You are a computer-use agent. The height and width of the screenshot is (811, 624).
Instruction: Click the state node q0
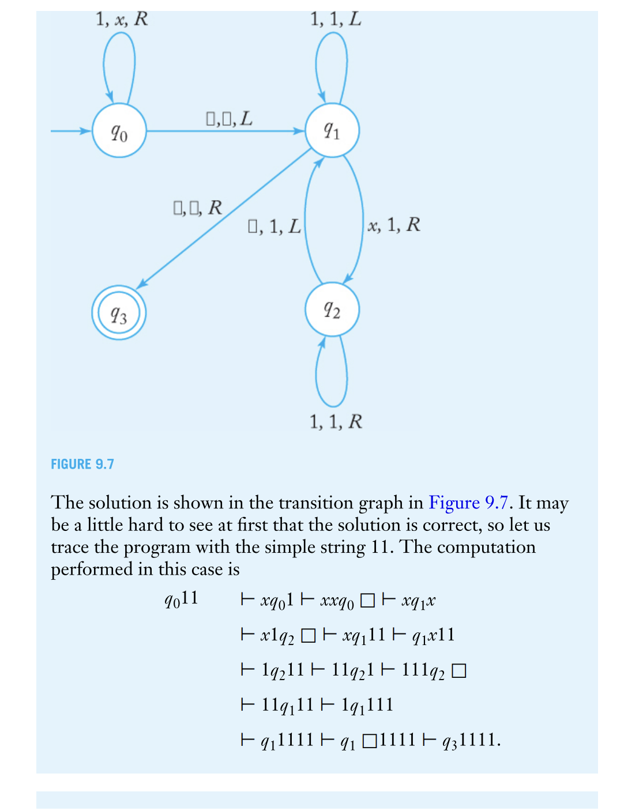(119, 131)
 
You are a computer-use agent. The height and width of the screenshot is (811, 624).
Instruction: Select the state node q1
(332, 130)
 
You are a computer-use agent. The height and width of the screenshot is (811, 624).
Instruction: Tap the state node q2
(332, 310)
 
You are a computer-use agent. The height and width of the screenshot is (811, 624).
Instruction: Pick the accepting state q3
(119, 313)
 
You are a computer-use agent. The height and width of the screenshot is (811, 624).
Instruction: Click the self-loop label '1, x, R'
(122, 19)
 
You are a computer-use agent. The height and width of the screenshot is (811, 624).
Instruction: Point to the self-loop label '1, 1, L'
(336, 19)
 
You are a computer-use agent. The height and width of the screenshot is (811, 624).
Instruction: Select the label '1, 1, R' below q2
(336, 421)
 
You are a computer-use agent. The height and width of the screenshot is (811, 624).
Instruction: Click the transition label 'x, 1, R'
(394, 225)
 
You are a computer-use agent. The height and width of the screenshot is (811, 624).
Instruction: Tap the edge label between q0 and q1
(229, 119)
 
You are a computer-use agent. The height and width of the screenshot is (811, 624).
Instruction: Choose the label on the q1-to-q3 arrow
(197, 208)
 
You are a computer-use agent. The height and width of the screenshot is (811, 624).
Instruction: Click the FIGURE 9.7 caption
(82, 464)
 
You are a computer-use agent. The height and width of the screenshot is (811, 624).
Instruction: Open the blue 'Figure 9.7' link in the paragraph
(468, 503)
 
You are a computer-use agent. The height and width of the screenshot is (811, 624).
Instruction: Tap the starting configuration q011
(181, 599)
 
